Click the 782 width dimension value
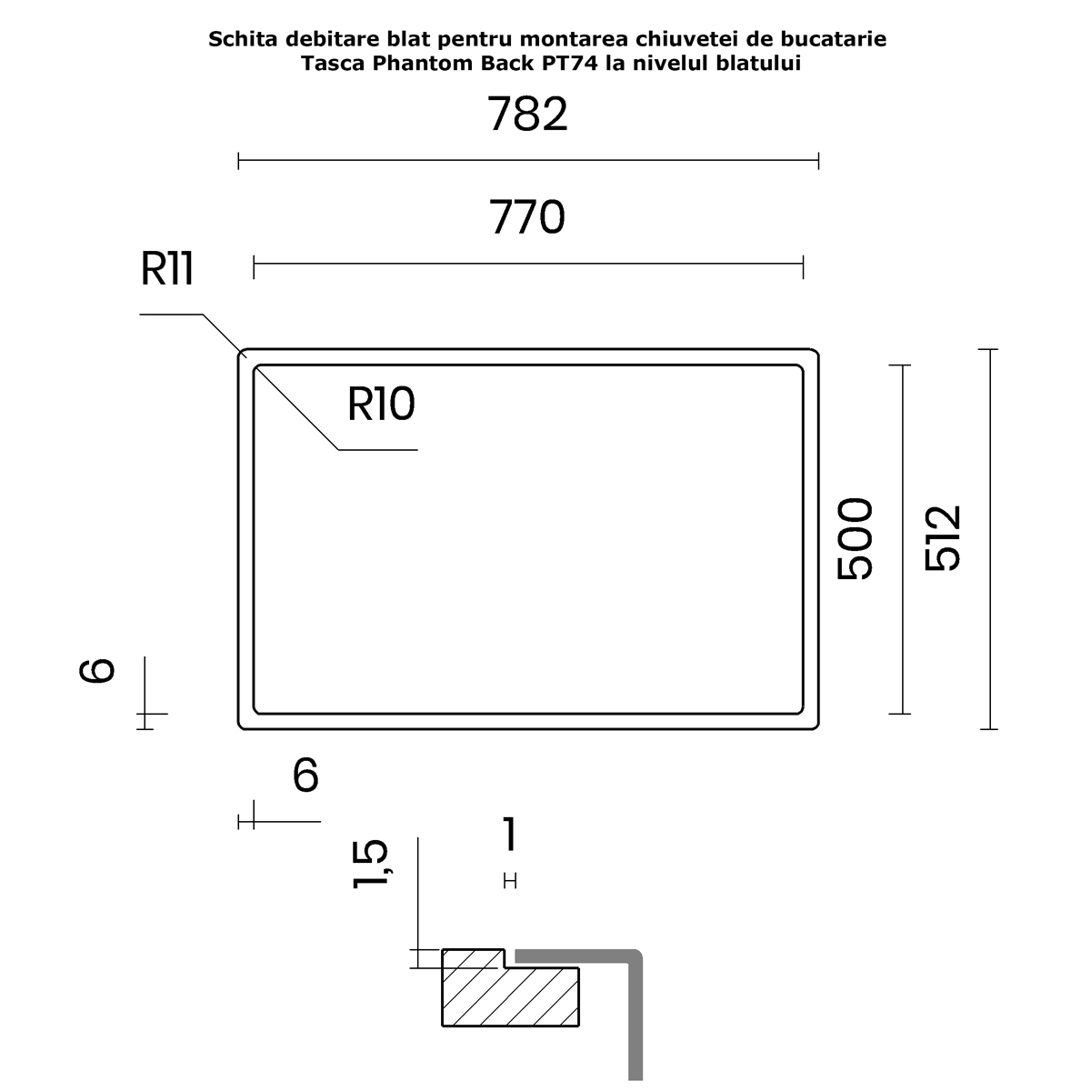[x=527, y=115]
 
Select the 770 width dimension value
[x=527, y=217]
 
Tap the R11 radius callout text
[x=167, y=268]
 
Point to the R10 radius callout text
[x=381, y=405]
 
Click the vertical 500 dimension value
[x=855, y=538]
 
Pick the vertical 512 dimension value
[x=942, y=538]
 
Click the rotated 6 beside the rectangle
[x=96, y=670]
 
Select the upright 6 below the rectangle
[x=305, y=776]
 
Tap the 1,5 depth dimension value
[x=370, y=865]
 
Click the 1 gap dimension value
[x=510, y=834]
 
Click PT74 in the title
[x=569, y=64]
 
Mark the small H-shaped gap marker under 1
[x=510, y=881]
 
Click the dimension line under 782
[x=528, y=161]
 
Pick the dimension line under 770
[x=528, y=264]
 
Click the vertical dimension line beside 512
[x=989, y=539]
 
